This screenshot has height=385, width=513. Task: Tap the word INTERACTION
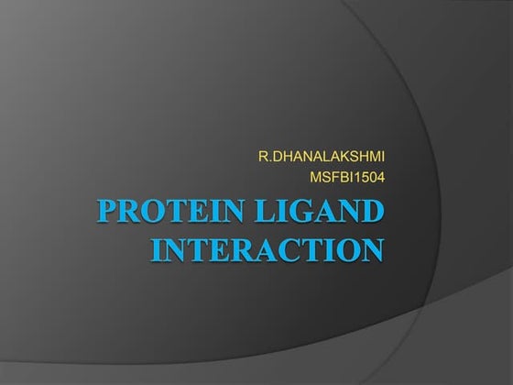tap(264, 249)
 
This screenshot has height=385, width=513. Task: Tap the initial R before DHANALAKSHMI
tap(263, 161)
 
